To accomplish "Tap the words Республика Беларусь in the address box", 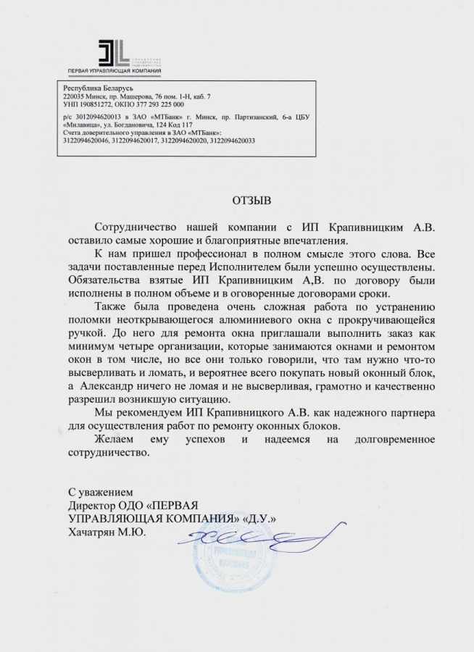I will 88,87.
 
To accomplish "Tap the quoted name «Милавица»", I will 83,125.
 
